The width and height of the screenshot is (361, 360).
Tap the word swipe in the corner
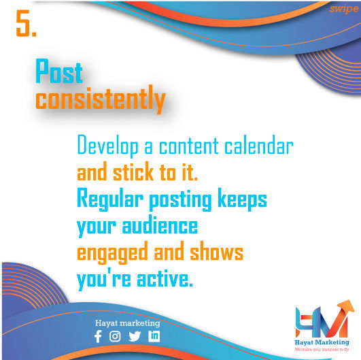click(x=343, y=9)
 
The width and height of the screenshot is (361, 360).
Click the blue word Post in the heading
click(x=59, y=72)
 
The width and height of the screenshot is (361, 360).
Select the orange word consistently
click(x=100, y=100)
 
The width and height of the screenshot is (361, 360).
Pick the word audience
click(x=160, y=226)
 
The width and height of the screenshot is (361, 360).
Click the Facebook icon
click(x=98, y=336)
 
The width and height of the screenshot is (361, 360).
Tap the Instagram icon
click(x=115, y=336)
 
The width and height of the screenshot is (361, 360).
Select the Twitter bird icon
click(x=135, y=336)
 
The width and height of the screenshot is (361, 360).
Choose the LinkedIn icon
click(x=154, y=336)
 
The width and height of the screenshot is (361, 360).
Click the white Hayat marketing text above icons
click(x=128, y=323)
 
